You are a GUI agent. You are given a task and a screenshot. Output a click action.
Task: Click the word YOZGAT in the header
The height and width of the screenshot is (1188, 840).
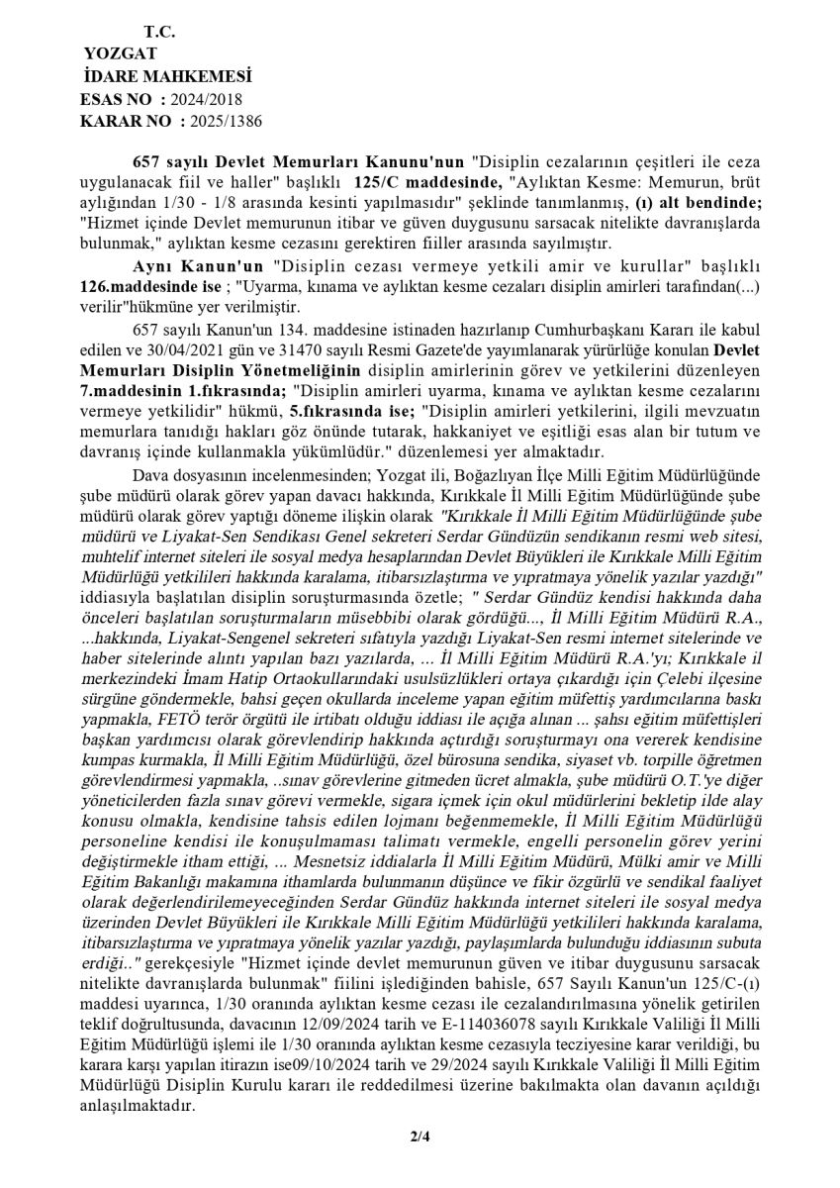(120, 54)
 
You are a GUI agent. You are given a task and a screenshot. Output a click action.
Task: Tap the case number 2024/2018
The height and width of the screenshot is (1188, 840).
(206, 99)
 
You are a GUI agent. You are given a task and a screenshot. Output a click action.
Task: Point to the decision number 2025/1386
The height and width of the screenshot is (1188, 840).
(227, 121)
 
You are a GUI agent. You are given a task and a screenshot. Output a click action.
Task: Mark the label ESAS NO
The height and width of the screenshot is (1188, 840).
(116, 99)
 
